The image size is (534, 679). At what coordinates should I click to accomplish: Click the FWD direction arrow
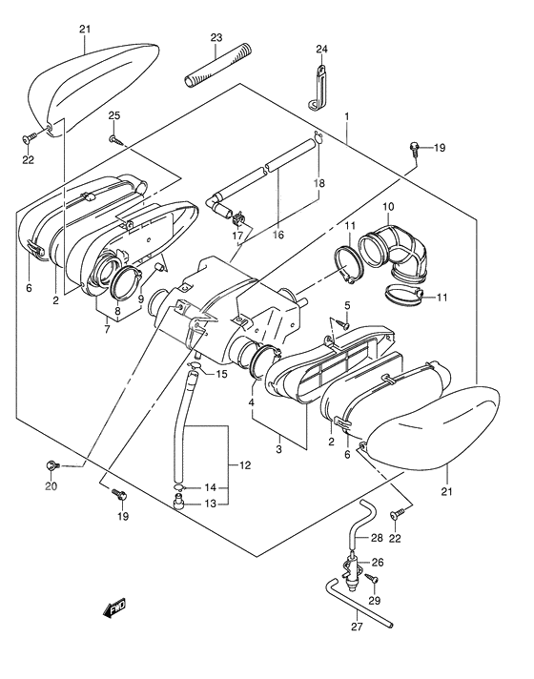(x=114, y=607)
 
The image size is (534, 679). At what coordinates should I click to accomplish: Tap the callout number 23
(x=216, y=38)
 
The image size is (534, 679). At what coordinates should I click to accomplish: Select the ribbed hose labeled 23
(x=217, y=66)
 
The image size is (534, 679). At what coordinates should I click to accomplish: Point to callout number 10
(x=388, y=207)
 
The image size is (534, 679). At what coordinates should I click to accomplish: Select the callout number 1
(x=347, y=116)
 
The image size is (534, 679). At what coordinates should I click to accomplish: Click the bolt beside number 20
(x=52, y=466)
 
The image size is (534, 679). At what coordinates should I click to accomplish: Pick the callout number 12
(x=245, y=465)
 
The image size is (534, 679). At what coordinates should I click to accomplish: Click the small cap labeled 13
(x=179, y=504)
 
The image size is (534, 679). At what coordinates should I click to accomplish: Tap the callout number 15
(x=221, y=374)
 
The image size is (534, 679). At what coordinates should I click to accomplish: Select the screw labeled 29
(x=372, y=578)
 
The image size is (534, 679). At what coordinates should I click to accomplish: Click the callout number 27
(x=357, y=627)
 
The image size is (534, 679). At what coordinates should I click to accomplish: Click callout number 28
(x=377, y=538)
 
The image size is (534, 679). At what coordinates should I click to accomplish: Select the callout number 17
(x=237, y=236)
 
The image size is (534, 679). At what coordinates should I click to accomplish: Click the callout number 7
(x=107, y=329)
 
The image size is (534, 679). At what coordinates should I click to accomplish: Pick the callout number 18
(x=318, y=183)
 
